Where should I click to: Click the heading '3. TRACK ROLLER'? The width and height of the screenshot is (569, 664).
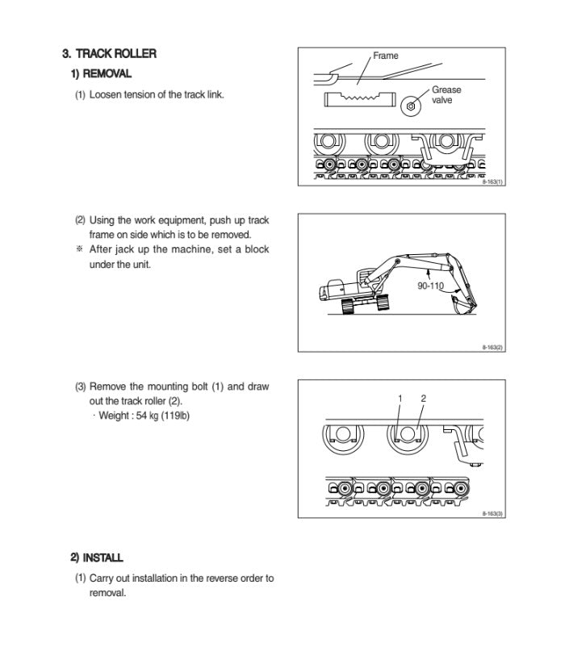(x=109, y=54)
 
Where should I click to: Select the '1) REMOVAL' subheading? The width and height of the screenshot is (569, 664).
(x=101, y=74)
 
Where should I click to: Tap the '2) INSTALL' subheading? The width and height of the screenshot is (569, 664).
(x=96, y=558)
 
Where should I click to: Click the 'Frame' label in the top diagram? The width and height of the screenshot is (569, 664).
(x=385, y=56)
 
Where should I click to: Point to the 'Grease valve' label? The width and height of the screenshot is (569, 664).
(x=446, y=95)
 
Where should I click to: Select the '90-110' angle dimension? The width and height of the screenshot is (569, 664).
(x=430, y=286)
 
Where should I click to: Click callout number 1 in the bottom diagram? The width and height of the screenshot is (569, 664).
(x=400, y=399)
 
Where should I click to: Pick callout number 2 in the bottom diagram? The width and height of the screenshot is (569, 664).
(x=423, y=399)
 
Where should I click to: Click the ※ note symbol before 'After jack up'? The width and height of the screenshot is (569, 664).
(x=79, y=249)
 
